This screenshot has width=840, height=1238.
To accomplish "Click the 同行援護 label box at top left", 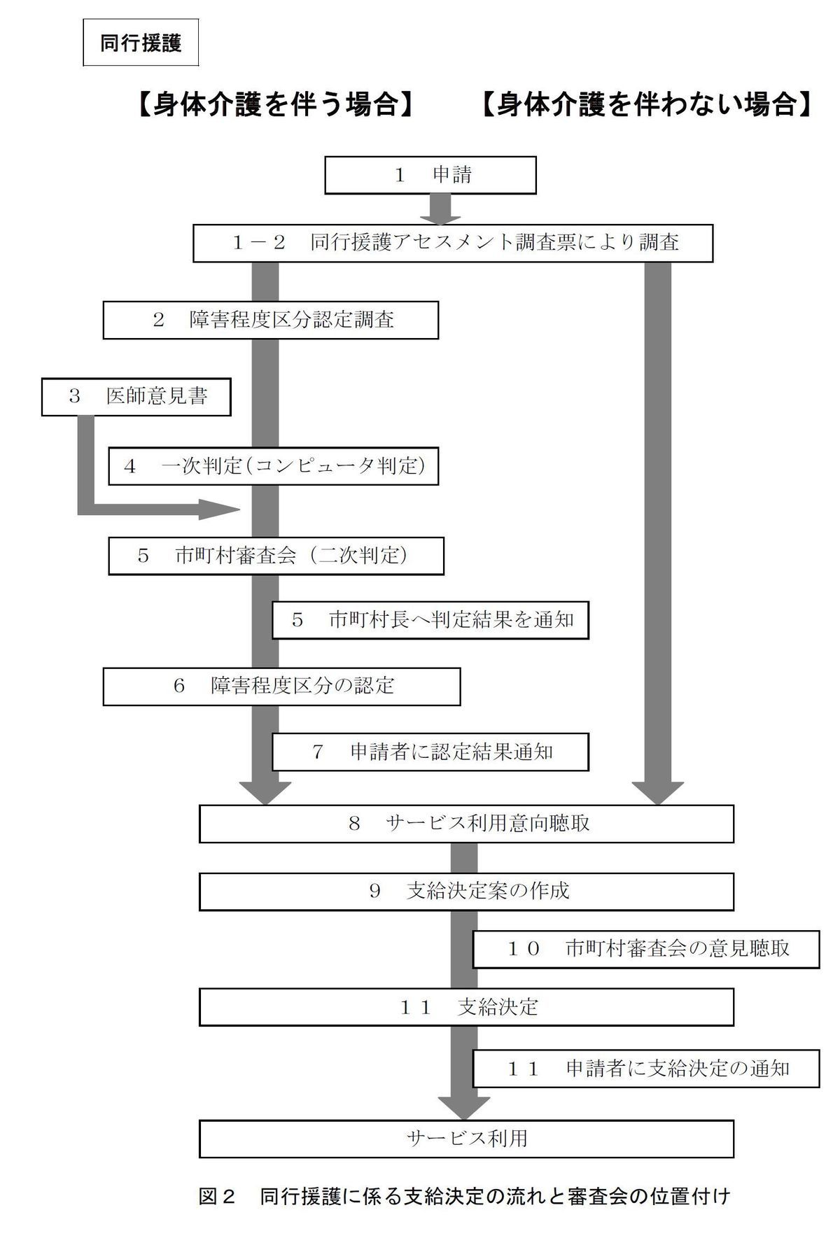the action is point(140,43).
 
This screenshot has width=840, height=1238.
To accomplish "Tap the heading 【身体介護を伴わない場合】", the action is point(646,106).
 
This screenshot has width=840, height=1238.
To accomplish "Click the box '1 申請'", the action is point(430,175).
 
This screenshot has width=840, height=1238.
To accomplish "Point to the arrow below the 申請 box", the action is point(444,209).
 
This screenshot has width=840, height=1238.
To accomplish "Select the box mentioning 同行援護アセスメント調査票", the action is point(453,243).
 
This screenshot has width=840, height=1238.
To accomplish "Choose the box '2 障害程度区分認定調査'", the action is point(271,320).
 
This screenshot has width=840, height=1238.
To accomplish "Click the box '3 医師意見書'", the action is point(136,397).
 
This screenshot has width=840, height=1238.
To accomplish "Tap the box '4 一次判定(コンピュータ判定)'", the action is point(273,466).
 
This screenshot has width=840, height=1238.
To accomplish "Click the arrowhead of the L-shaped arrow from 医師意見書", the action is point(240,509).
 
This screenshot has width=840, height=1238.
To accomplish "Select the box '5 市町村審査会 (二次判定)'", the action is point(276,556).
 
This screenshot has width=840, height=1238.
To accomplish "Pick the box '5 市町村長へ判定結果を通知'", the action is point(430,619).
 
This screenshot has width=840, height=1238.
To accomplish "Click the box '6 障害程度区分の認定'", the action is point(281,686).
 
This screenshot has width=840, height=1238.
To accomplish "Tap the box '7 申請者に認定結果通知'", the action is point(430,752).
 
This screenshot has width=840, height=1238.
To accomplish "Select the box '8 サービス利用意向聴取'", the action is point(466,824).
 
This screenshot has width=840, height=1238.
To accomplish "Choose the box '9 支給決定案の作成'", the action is point(466,892).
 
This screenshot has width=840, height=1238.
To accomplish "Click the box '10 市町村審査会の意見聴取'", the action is point(646,949).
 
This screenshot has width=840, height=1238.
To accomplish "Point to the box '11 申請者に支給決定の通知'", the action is point(646,1069).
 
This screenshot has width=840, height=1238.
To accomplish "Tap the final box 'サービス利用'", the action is point(466,1139).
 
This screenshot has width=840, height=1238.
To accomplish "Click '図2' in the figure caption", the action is point(216,1196).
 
